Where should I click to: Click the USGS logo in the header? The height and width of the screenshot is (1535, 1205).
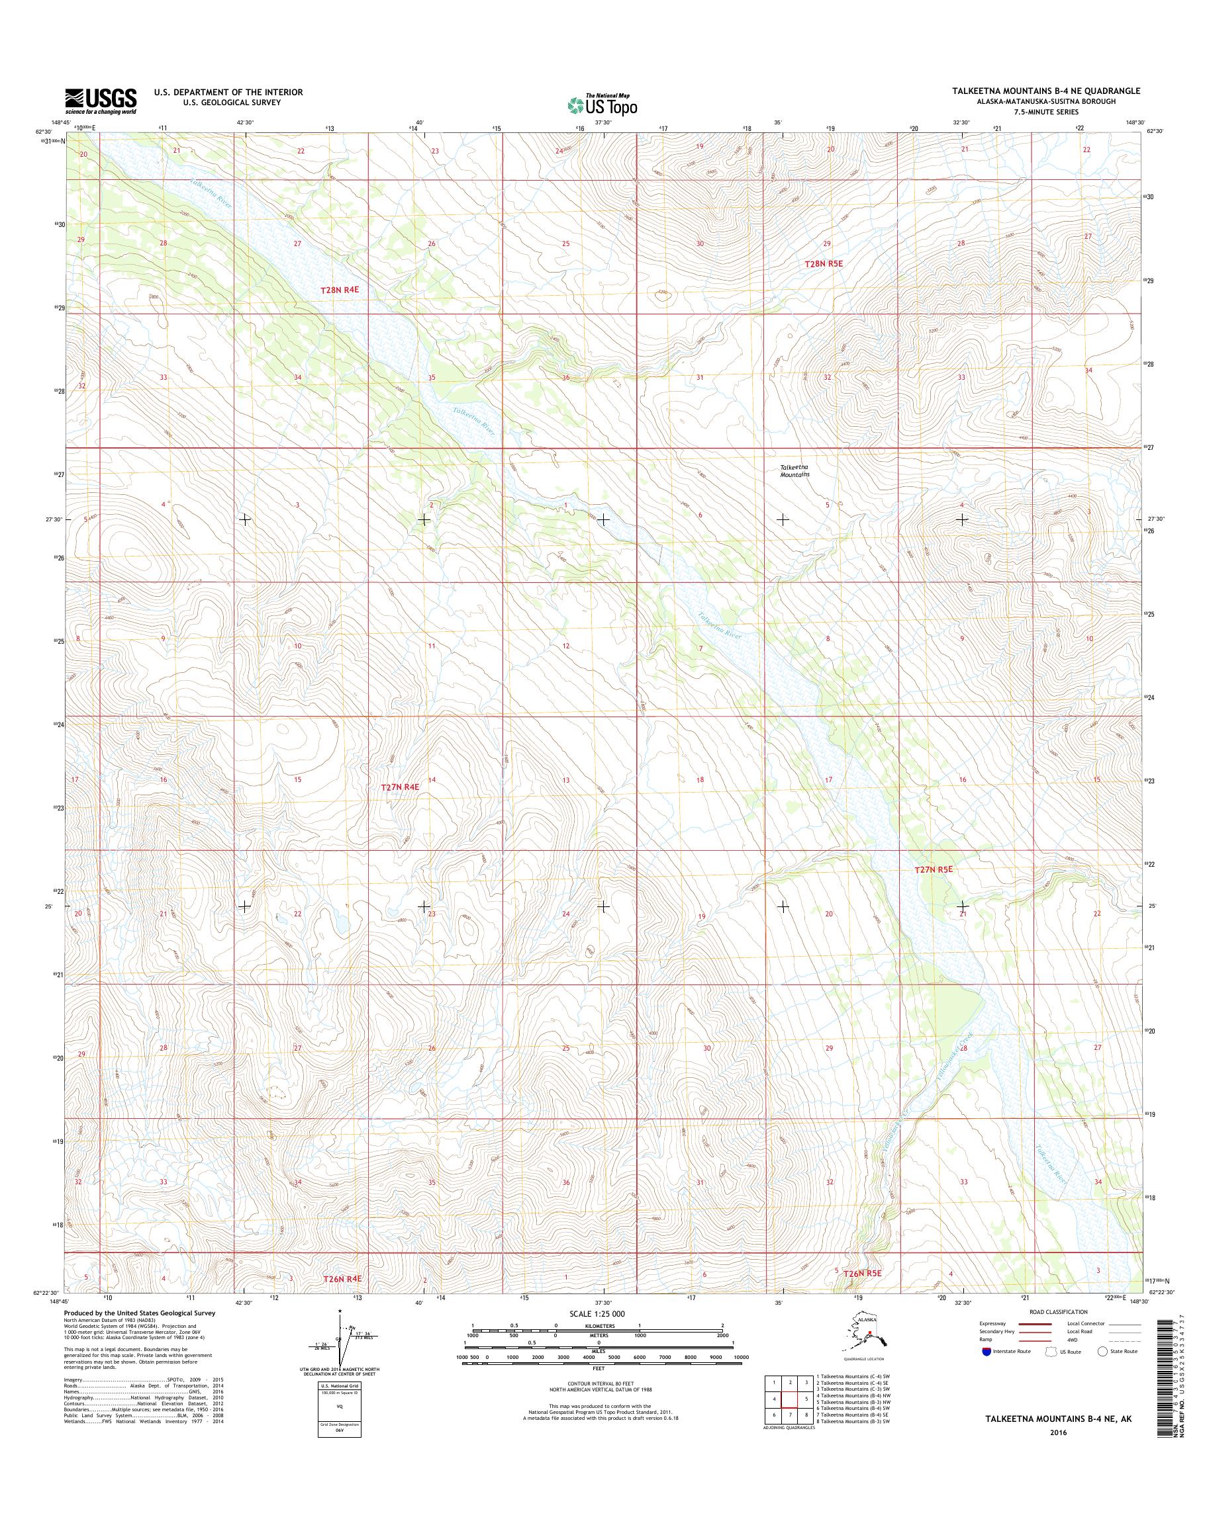[x=101, y=101]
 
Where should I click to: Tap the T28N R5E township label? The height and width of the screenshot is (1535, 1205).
[x=824, y=263]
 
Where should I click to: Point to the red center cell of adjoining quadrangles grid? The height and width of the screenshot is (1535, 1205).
[x=790, y=1399]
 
